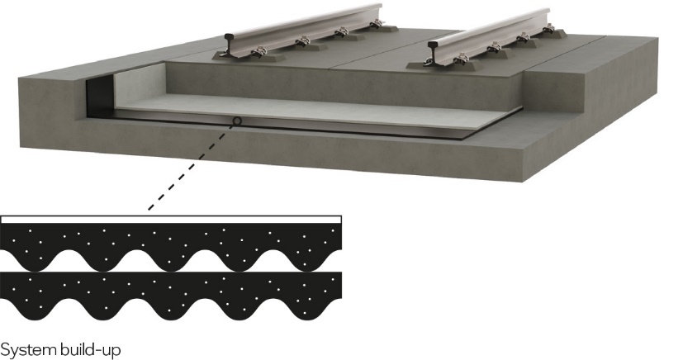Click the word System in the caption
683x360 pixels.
click(x=28, y=349)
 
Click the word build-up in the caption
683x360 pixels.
click(x=91, y=350)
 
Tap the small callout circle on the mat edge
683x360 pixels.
click(x=237, y=121)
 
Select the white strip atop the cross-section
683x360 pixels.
click(x=171, y=220)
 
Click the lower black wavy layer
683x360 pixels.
click(x=171, y=294)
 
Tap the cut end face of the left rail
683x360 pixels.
click(x=230, y=44)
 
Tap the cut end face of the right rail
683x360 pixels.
click(x=434, y=53)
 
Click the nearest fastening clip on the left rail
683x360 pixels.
click(x=258, y=53)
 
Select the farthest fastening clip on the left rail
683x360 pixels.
click(x=376, y=26)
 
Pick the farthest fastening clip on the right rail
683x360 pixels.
click(x=549, y=29)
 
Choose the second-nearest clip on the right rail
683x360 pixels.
click(x=496, y=48)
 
